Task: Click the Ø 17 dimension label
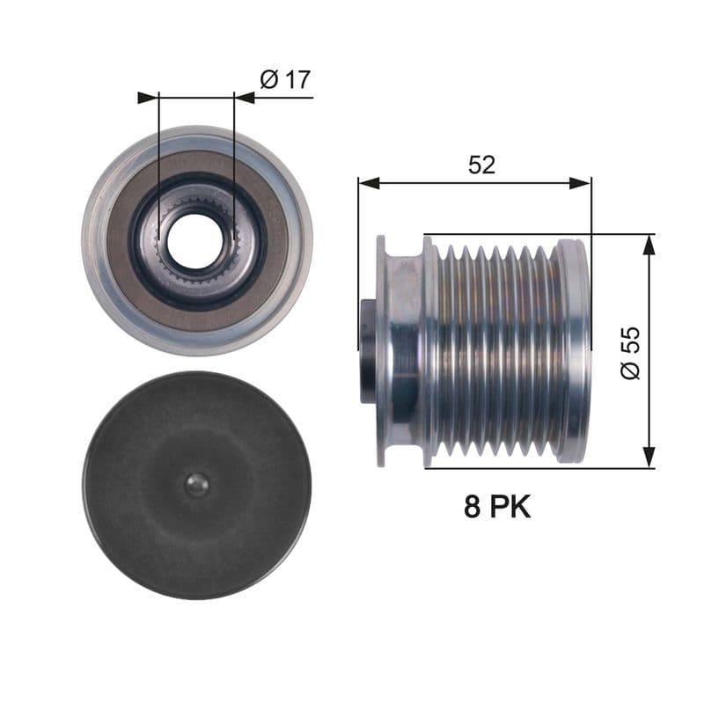pos(285,80)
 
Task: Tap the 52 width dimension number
pos(481,165)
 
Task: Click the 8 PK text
pos(497,507)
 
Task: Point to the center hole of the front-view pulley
pos(195,240)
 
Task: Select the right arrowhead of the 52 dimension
pos(581,183)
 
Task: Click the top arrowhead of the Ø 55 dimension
pos(649,245)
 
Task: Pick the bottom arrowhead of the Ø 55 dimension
pos(649,457)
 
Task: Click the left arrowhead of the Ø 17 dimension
pos(148,97)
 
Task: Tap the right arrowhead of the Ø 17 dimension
pos(244,97)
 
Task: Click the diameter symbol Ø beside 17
pos(269,80)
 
